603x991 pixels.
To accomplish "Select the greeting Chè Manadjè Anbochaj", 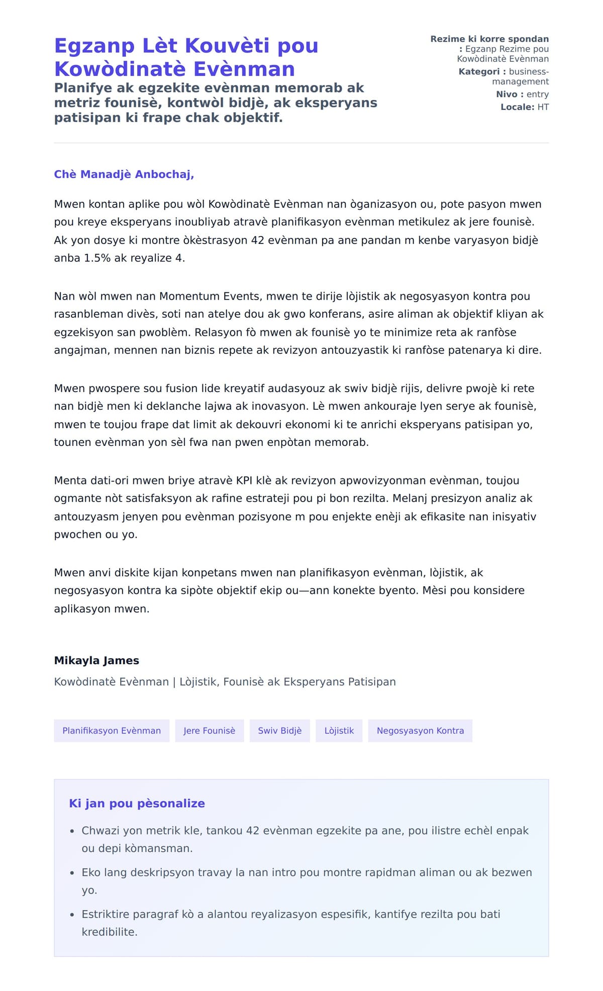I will click(124, 174).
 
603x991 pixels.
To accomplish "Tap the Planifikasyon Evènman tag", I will click(112, 730).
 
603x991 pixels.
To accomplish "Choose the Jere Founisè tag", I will click(209, 730).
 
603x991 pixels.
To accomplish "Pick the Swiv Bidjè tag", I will click(279, 730).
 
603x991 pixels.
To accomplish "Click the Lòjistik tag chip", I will click(339, 730).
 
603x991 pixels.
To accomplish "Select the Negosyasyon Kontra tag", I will click(420, 730).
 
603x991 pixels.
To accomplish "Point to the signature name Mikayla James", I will click(96, 660).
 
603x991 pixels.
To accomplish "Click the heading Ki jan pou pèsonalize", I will click(137, 803).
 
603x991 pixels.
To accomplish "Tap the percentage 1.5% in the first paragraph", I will click(97, 258).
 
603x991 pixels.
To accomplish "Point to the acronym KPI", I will click(244, 480).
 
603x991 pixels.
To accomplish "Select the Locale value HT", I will click(543, 107).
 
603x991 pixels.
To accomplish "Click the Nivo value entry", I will click(537, 94).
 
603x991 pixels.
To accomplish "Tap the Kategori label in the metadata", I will click(479, 72).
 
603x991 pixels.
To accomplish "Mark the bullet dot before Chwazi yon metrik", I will click(72, 831).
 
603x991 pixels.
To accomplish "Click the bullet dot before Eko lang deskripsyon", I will click(72, 873).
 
